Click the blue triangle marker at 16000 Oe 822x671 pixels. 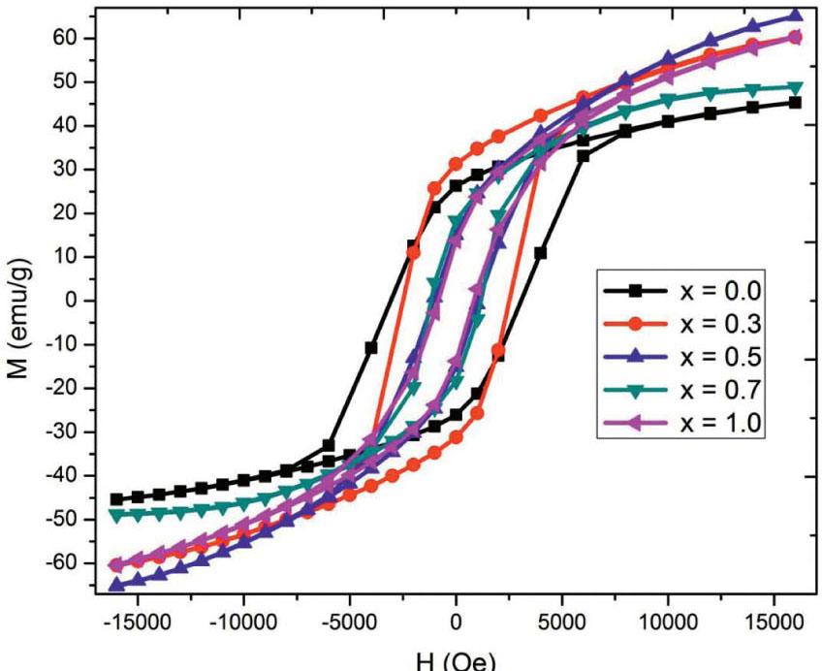pos(795,16)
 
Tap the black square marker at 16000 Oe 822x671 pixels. pos(795,102)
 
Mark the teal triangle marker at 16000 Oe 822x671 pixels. pos(795,87)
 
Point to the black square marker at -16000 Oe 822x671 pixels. pos(116,498)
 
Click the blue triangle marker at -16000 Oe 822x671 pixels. pos(116,585)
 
